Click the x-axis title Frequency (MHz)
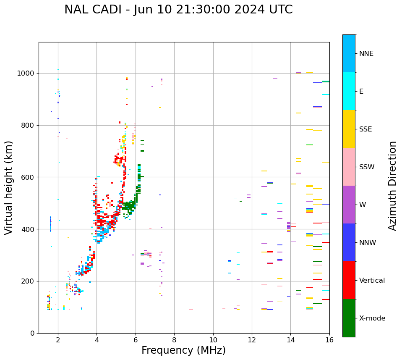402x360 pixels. (183, 350)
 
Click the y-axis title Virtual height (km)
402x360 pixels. (9, 187)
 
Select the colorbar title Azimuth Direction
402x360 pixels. (392, 186)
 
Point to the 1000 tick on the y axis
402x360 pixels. (27, 74)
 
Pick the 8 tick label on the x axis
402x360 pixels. (174, 340)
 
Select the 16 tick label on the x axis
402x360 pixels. (329, 340)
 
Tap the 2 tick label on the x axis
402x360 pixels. (58, 340)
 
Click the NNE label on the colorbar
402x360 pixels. (366, 54)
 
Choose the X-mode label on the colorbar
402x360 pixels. (372, 318)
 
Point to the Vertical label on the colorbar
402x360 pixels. (372, 281)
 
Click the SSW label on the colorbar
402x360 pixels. (367, 167)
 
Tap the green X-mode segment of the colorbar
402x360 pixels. (349, 318)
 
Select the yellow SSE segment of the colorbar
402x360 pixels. (349, 129)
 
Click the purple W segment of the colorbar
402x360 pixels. (349, 205)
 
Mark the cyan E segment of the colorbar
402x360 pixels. (349, 91)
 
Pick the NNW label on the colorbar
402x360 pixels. (368, 243)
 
